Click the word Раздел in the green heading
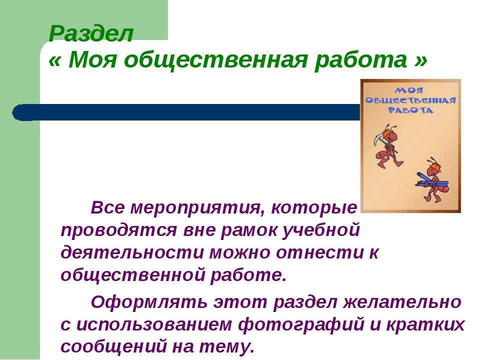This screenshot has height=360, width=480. coord(91,33)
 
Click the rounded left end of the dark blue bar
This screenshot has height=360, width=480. coord(18,112)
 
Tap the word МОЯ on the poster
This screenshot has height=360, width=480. coord(409,90)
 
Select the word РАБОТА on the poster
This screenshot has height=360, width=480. coord(410,110)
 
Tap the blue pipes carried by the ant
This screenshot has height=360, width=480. coord(432,181)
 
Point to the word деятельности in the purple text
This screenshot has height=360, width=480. coord(132,253)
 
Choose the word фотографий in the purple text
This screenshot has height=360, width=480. coord(301,324)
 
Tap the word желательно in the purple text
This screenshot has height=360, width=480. coord(402,301)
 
